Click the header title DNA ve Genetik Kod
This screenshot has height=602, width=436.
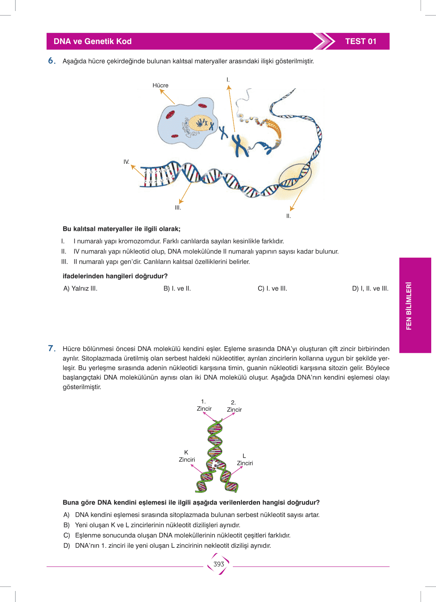pyautogui.click(x=92, y=41)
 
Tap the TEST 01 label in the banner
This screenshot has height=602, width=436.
pyautogui.click(x=360, y=41)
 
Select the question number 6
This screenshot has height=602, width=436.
pyautogui.click(x=52, y=61)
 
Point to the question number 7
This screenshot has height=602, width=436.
pyautogui.click(x=52, y=348)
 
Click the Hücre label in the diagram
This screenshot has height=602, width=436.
pyautogui.click(x=160, y=85)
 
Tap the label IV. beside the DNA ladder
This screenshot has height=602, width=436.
pyautogui.click(x=127, y=162)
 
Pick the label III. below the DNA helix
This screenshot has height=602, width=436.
pyautogui.click(x=178, y=207)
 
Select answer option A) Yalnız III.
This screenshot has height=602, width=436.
pyautogui.click(x=80, y=288)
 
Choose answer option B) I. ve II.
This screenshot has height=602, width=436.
pyautogui.click(x=177, y=288)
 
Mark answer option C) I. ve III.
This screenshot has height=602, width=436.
pyautogui.click(x=272, y=288)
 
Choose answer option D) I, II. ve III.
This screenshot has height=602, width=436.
pyautogui.click(x=370, y=288)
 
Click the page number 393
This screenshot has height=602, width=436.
pyautogui.click(x=219, y=564)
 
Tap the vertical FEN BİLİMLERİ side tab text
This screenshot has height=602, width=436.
pyautogui.click(x=409, y=306)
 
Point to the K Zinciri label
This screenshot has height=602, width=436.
pyautogui.click(x=187, y=456)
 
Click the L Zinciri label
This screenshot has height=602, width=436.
pyautogui.click(x=245, y=459)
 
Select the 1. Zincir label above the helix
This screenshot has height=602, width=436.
pyautogui.click(x=204, y=405)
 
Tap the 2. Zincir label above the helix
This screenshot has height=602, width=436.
pyautogui.click(x=234, y=406)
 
